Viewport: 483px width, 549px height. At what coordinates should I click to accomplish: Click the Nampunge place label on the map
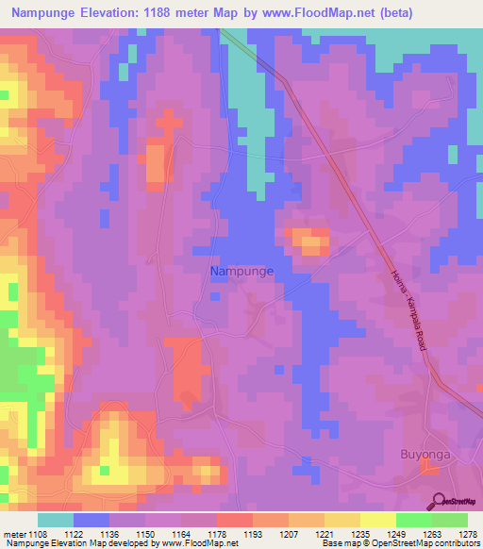(241, 271)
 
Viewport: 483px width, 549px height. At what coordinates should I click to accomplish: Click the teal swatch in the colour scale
(56, 520)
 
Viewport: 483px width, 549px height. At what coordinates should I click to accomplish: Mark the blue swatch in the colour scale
(92, 520)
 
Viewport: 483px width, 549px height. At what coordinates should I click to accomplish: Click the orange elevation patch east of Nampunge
(308, 241)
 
